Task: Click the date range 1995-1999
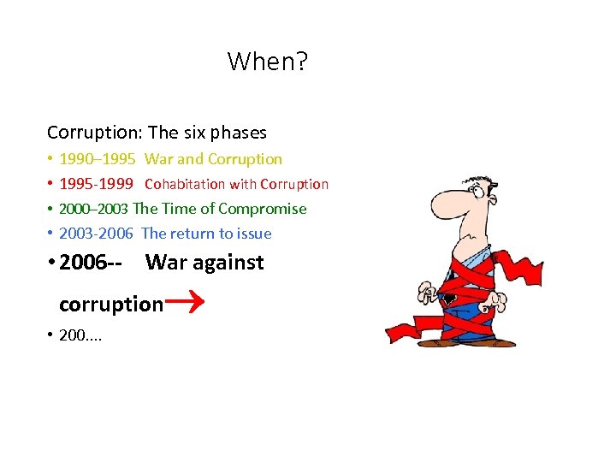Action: tap(96, 184)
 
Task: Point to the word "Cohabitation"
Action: tap(184, 184)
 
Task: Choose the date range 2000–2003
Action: tap(93, 209)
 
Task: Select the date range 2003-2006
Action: tap(96, 234)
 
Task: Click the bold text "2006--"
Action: tap(90, 263)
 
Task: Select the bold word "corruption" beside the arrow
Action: tap(110, 305)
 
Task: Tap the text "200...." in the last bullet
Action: tap(80, 335)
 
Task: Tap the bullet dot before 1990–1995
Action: tap(50, 159)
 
